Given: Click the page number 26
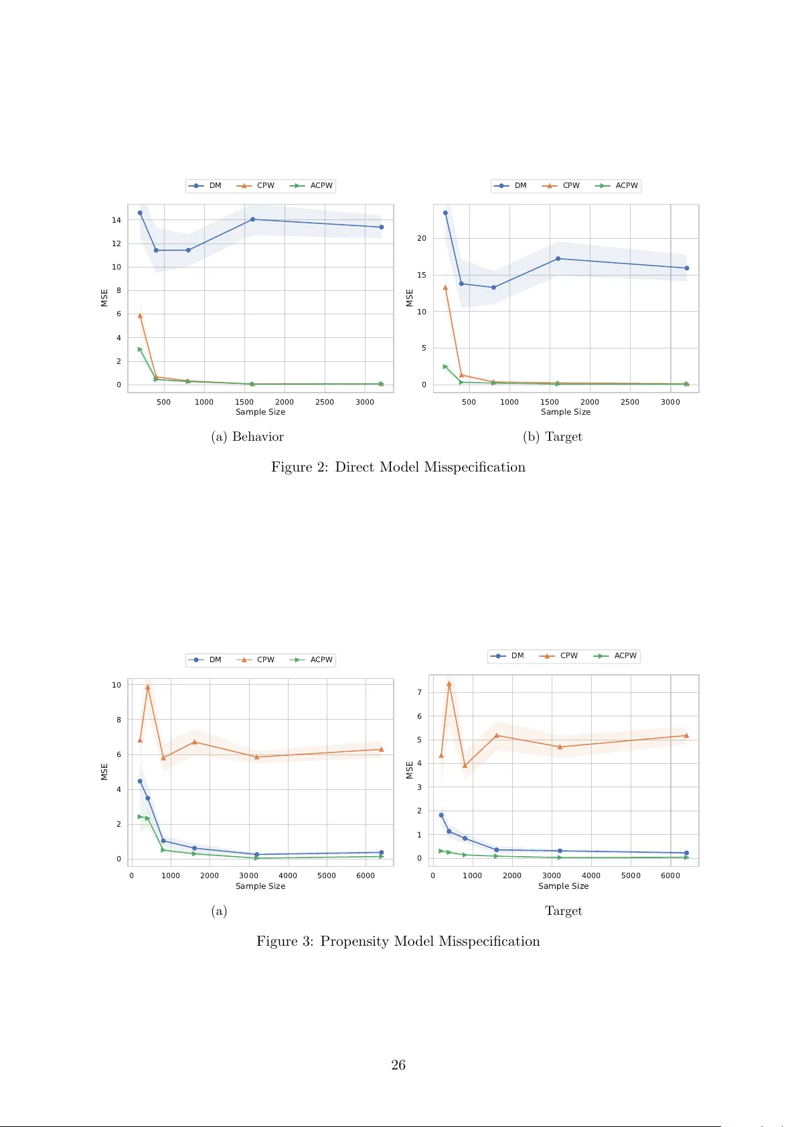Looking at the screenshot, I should (398, 1065).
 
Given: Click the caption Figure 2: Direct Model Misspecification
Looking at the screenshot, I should (398, 467).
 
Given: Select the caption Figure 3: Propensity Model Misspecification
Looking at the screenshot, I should (398, 941).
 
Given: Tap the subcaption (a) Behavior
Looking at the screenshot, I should (248, 437).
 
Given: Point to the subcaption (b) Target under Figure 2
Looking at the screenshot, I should (552, 437).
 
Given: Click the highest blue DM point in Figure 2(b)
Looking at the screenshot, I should (445, 213).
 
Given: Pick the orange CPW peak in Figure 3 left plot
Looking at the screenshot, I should (148, 687).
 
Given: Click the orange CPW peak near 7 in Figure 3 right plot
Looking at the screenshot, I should (449, 684).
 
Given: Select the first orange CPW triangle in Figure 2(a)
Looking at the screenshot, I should (140, 315).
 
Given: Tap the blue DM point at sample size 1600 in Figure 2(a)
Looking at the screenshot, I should (252, 219).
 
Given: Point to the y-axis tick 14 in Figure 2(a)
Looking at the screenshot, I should (116, 220).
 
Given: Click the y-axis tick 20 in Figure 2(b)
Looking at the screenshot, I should (422, 238).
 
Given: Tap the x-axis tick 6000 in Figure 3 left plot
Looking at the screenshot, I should (366, 876).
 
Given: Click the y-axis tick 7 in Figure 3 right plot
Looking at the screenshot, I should (420, 692).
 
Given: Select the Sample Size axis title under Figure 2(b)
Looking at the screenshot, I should (566, 412).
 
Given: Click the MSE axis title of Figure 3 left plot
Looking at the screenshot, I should (104, 771).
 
